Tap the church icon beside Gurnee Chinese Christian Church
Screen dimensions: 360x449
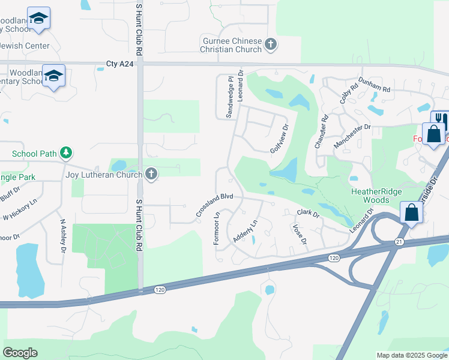point(271,44)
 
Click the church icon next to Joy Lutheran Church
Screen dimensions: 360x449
point(151,175)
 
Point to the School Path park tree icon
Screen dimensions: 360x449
point(66,154)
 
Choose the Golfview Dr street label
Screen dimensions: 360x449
point(279,139)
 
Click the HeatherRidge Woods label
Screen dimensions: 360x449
point(375,195)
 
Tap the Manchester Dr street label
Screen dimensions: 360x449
point(353,136)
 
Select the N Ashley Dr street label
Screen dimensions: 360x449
point(62,235)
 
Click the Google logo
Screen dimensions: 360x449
point(20,353)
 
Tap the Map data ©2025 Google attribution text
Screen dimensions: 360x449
point(412,355)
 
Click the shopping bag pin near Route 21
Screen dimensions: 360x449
point(412,212)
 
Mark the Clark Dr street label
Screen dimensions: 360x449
point(307,213)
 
